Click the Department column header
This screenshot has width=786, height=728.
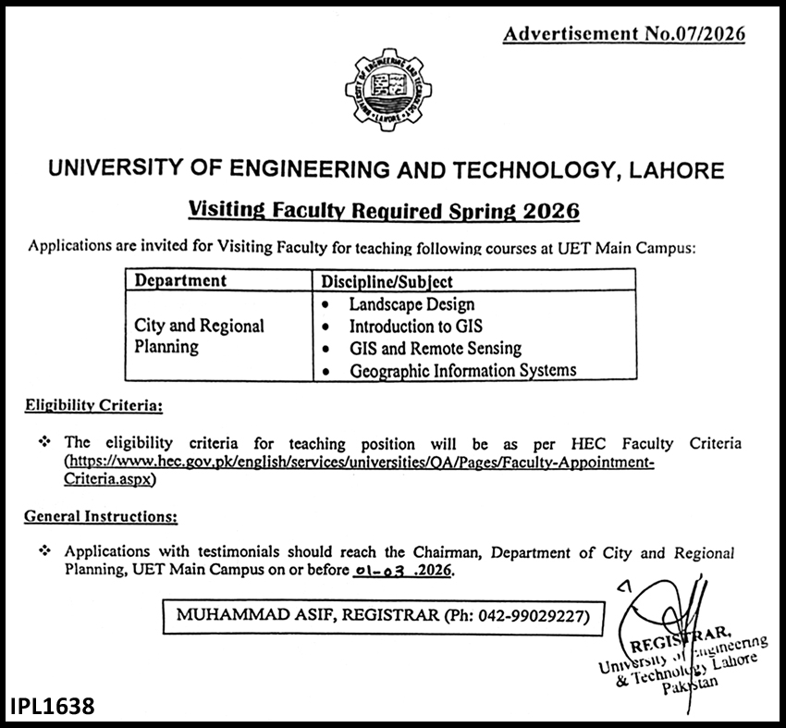(x=180, y=279)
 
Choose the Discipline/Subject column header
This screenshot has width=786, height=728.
(x=387, y=280)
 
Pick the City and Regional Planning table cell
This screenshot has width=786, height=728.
(x=199, y=336)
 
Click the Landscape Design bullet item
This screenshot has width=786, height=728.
(x=411, y=303)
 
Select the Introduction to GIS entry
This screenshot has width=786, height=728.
(x=415, y=326)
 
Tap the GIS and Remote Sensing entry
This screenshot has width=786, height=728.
(x=435, y=348)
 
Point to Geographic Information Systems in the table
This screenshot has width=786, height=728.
(x=462, y=370)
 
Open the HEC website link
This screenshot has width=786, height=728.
(x=359, y=463)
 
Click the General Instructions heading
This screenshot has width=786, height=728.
(x=102, y=515)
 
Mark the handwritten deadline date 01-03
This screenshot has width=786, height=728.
(x=379, y=572)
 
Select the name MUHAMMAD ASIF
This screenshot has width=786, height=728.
(x=240, y=614)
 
